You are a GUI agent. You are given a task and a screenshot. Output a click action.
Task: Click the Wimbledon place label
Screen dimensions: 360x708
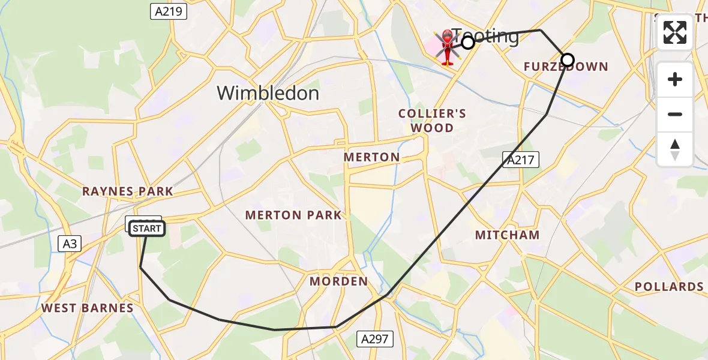268,93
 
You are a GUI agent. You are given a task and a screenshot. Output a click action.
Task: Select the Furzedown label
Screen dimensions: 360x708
566,67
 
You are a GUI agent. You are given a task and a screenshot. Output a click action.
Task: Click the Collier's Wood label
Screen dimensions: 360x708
432,120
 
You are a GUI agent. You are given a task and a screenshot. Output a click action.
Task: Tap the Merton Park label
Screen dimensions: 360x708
293,215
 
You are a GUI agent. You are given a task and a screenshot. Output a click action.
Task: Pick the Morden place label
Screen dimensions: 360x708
338,281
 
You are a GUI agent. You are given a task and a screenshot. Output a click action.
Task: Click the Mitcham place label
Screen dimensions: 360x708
508,235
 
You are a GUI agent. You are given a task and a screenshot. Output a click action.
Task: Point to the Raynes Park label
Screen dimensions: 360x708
128,191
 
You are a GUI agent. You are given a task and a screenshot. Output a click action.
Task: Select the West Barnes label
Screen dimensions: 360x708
88,308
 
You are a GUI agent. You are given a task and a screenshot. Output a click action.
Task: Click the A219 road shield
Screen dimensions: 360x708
169,11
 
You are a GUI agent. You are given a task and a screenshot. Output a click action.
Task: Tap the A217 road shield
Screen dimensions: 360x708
521,159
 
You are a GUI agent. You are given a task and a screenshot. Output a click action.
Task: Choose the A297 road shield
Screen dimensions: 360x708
375,338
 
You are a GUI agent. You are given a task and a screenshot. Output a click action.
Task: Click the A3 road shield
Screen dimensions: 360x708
70,243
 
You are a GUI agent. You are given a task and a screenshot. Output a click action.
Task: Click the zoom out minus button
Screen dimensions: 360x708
675,114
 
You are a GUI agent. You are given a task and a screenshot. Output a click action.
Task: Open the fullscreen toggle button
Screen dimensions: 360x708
675,32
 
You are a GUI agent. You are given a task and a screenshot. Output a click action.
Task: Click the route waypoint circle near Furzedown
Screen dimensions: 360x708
567,60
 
